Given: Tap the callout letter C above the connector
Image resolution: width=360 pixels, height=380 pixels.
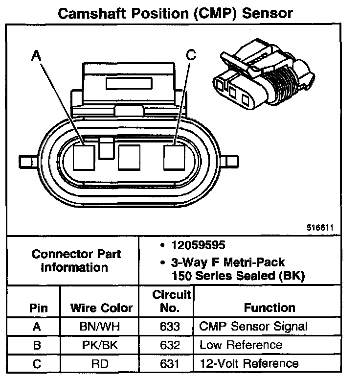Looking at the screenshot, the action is (x=191, y=55).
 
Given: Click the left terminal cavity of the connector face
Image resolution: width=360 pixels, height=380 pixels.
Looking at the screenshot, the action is (x=84, y=157).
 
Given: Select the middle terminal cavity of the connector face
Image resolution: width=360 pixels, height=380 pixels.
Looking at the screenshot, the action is (x=129, y=157).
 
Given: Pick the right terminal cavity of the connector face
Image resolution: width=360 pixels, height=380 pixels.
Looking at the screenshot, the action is (x=175, y=157).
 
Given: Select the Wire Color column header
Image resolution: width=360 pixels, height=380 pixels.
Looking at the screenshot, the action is (x=101, y=308).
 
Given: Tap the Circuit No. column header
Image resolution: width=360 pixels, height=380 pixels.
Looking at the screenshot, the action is (x=171, y=301).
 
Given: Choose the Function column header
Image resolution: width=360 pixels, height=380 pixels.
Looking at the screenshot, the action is (x=270, y=308).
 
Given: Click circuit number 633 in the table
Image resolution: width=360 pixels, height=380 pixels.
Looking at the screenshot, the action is (x=170, y=327).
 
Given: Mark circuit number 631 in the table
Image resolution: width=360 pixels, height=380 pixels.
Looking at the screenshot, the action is (x=170, y=364).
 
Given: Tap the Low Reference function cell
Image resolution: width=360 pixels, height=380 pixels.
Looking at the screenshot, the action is (x=241, y=345).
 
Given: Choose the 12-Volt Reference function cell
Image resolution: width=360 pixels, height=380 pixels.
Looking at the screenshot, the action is (x=248, y=364).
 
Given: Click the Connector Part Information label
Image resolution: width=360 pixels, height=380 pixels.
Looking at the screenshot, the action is (x=76, y=261).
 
